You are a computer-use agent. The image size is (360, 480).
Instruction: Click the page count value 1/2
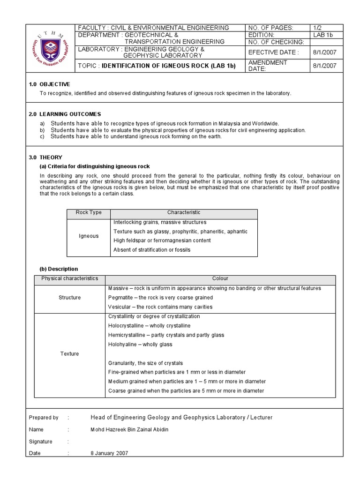(318, 28)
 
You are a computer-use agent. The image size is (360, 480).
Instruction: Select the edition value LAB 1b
(322, 35)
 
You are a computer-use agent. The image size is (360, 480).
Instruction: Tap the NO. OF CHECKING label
(276, 42)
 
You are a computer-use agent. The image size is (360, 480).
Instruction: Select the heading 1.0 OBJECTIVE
(49, 84)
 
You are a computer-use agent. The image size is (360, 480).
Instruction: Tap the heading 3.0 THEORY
(45, 157)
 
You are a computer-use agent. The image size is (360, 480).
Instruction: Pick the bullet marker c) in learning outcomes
(42, 136)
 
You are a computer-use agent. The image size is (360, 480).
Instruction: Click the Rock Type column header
(89, 213)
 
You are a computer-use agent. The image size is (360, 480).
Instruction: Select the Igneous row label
(89, 236)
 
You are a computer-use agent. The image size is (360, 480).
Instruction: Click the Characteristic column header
(184, 213)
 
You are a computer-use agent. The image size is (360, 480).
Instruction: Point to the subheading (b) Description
(59, 269)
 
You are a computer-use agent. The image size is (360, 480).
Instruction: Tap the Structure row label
(69, 297)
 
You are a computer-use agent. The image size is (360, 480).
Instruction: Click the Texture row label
(69, 353)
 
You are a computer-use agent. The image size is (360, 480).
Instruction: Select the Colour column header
(220, 278)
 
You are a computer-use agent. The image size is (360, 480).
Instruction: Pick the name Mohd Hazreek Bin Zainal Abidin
(128, 429)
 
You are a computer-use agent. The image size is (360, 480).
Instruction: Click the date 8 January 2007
(109, 453)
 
